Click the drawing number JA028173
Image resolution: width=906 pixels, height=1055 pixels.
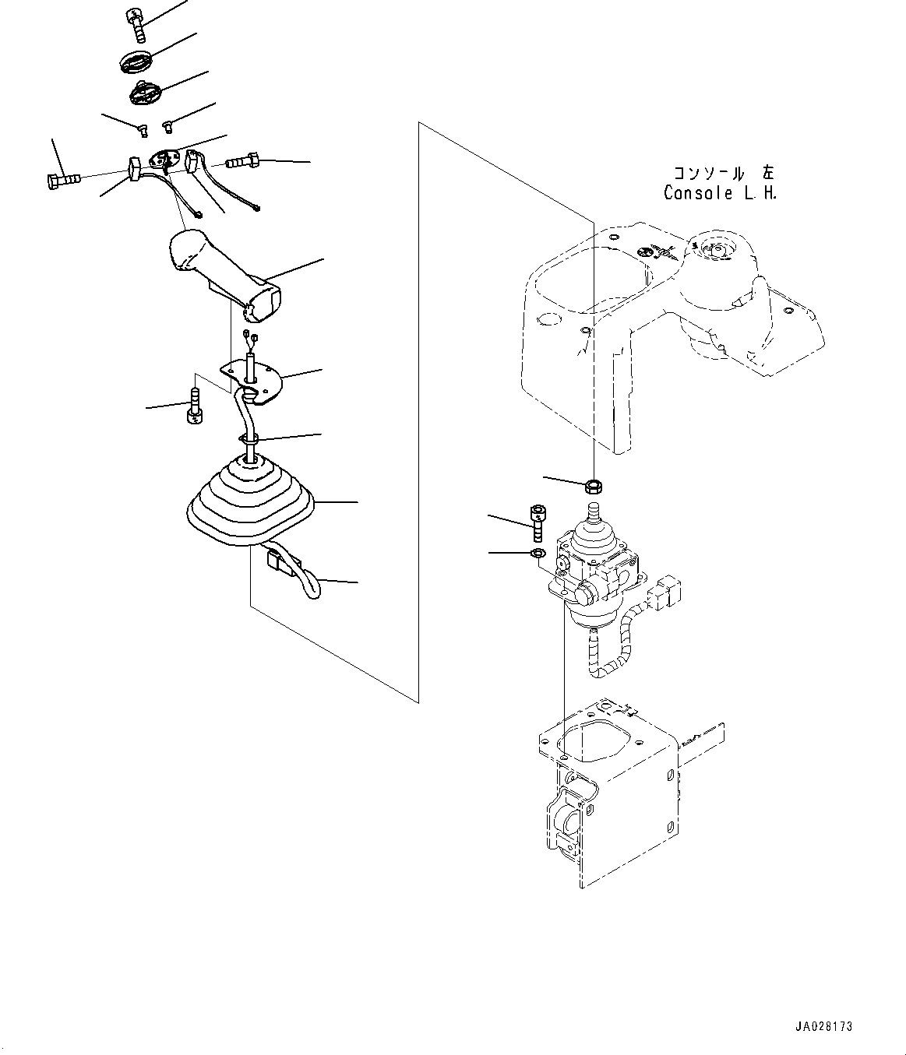pos(824,1027)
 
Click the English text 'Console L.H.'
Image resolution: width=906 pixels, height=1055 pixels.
pos(719,193)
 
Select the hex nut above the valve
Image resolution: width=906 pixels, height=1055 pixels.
pos(593,487)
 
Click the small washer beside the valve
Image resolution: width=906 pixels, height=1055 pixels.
pos(537,553)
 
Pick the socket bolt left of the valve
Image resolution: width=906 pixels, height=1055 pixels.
pos(538,522)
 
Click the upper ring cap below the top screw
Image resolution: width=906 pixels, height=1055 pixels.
pos(137,61)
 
